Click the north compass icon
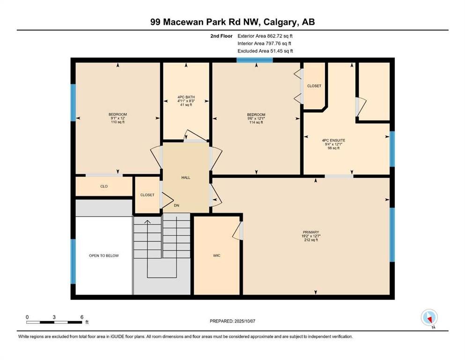(429, 317)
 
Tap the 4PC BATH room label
(186, 97)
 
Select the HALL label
(186, 178)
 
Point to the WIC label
(217, 255)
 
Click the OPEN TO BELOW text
(104, 255)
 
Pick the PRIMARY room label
(311, 232)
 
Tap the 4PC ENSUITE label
(333, 140)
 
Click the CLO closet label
(104, 187)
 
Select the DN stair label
(177, 205)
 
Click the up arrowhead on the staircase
(148, 221)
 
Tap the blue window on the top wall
(254, 60)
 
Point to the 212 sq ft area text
(311, 240)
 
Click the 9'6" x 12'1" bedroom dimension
(256, 119)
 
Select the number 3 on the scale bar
(54, 317)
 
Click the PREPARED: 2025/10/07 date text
(232, 321)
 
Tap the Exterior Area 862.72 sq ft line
(265, 36)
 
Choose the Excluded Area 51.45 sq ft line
(265, 51)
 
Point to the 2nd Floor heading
(221, 36)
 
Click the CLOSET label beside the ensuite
(314, 86)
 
